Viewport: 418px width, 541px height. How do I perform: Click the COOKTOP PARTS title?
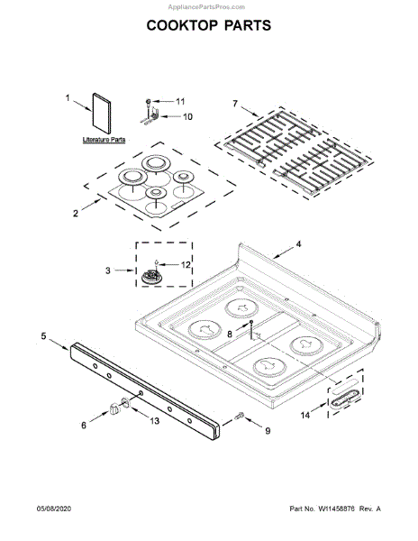click(209, 25)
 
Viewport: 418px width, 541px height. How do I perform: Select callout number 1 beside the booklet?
click(68, 98)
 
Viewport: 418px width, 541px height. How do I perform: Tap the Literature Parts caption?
click(104, 140)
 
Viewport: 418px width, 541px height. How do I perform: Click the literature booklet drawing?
click(102, 114)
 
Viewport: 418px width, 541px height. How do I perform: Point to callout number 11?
click(180, 101)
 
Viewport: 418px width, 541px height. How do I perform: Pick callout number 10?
click(187, 116)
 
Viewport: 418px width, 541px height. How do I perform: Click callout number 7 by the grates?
click(235, 103)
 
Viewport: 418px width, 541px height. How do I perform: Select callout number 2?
click(76, 213)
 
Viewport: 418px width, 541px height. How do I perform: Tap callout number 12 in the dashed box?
click(186, 264)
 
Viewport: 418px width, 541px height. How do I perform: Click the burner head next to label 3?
click(151, 277)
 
